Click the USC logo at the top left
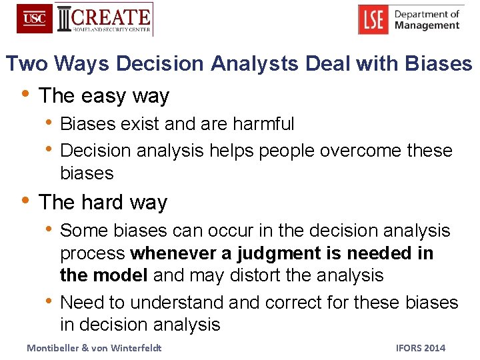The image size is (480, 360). pos(35,19)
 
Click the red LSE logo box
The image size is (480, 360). pos(373,20)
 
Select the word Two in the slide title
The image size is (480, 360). pos(27,63)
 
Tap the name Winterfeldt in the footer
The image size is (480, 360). pos(139,347)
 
